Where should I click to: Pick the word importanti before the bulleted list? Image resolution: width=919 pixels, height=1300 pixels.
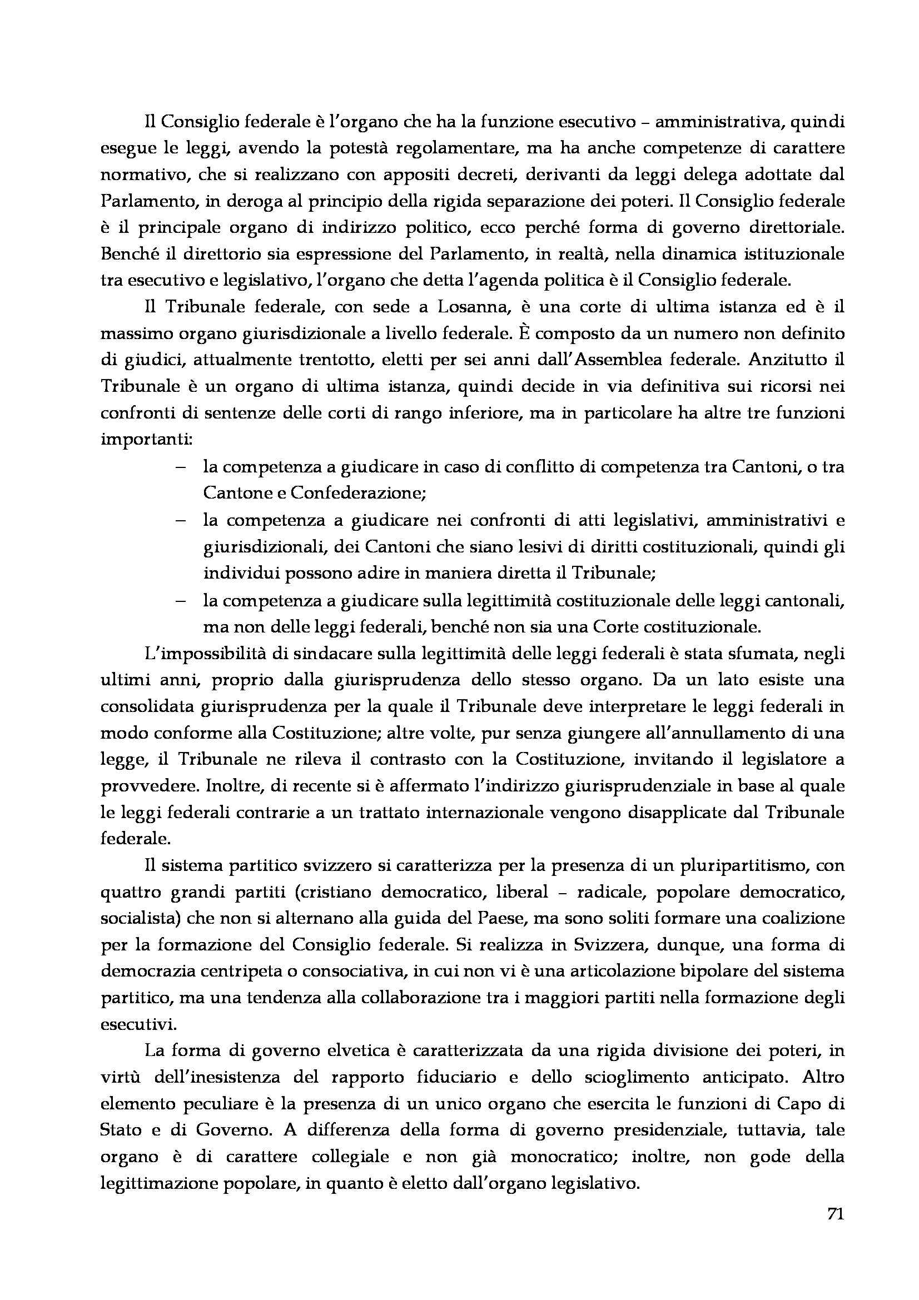click(x=145, y=440)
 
